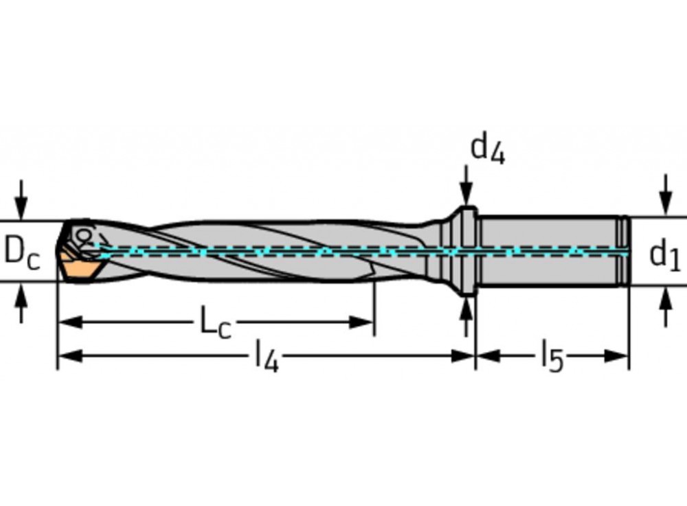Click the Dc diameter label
click(22, 252)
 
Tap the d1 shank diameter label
click(664, 254)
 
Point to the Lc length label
click(215, 322)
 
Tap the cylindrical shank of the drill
click(550, 251)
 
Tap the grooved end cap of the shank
click(623, 251)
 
